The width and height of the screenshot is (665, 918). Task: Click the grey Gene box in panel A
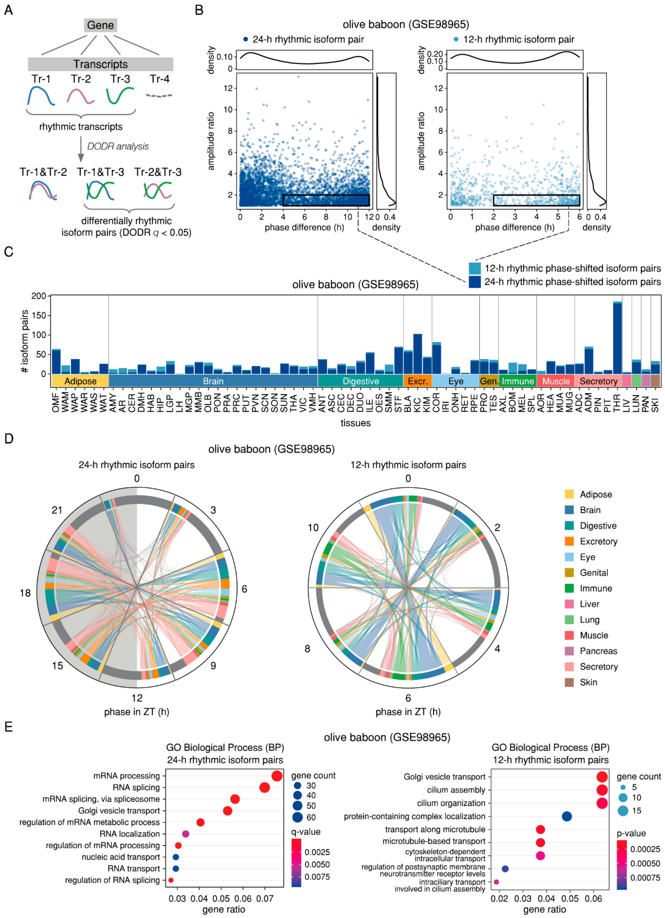tap(100, 25)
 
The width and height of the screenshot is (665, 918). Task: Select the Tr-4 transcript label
tap(159, 79)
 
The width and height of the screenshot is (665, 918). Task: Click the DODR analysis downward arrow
tap(81, 150)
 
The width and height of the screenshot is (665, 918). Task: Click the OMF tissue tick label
tap(56, 402)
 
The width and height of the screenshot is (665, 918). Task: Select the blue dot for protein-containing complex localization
tap(567, 816)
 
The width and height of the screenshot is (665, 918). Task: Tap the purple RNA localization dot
tap(185, 834)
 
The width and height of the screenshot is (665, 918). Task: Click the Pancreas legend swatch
tap(569, 651)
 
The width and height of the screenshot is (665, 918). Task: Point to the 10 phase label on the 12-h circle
tap(313, 527)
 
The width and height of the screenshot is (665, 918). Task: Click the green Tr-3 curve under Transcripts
tap(120, 95)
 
